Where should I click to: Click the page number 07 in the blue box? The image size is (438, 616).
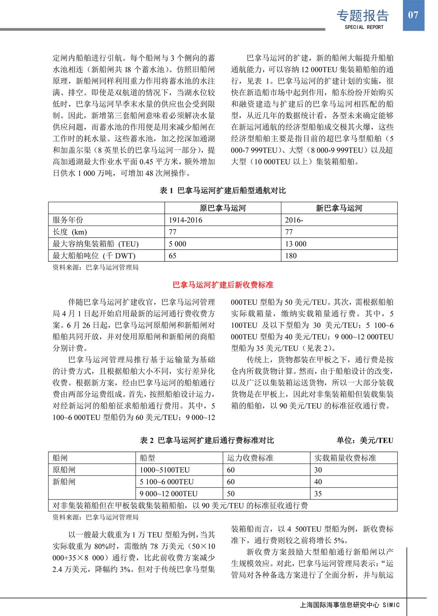[413, 15]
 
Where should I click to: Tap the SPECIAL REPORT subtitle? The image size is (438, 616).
[364, 27]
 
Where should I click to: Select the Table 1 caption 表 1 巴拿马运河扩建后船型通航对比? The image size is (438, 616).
[223, 190]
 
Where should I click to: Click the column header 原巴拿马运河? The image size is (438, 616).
[223, 208]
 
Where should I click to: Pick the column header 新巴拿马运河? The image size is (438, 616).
[339, 208]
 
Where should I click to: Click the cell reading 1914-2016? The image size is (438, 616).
[185, 220]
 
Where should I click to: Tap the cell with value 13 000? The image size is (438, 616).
[296, 244]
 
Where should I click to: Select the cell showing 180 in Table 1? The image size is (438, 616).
[291, 255]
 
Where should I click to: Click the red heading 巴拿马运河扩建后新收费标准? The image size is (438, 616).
[223, 285]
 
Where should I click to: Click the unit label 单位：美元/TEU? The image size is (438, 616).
[365, 440]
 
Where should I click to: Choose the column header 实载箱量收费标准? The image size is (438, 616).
[345, 458]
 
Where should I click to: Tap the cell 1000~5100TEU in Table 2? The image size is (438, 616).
[165, 470]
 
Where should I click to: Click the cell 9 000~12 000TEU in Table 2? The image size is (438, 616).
[168, 493]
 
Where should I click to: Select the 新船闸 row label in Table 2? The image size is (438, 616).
[64, 482]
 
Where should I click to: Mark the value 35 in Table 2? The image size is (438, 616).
[318, 493]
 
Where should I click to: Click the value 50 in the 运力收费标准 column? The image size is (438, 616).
[231, 493]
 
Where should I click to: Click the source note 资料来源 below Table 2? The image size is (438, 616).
[96, 517]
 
